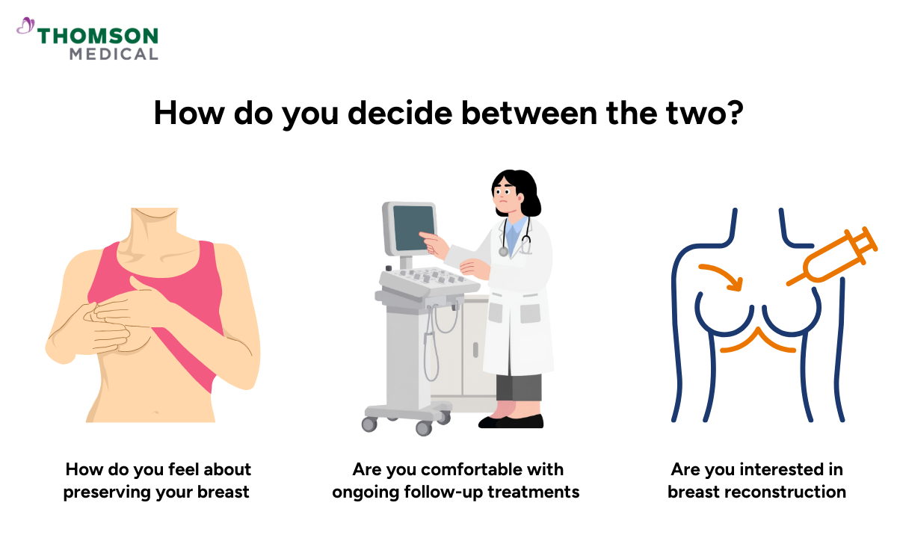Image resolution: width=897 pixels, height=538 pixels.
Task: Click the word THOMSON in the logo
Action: point(98,36)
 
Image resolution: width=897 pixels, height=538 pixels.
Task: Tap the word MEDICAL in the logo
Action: point(114,54)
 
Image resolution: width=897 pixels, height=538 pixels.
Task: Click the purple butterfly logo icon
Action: point(25,27)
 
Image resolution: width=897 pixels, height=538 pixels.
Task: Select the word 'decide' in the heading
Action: point(392,113)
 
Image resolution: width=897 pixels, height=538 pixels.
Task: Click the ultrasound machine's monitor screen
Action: point(413,228)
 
